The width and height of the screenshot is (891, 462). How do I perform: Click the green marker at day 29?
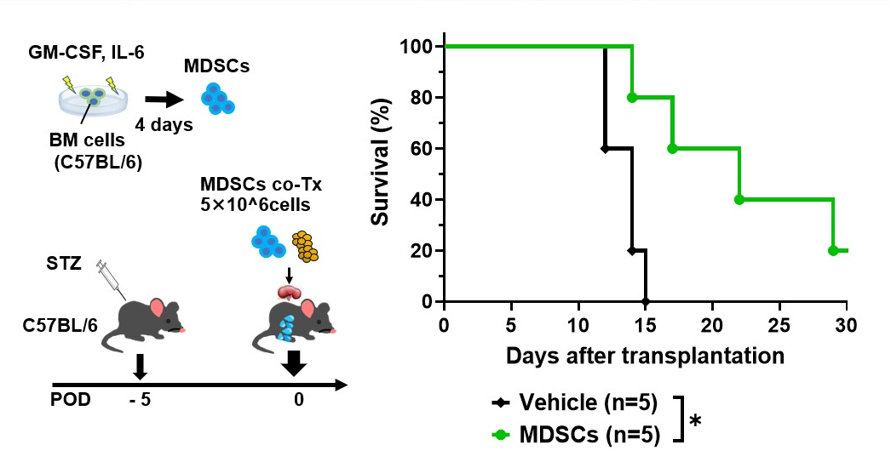tap(833, 250)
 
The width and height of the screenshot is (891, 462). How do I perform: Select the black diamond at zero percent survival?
tap(645, 301)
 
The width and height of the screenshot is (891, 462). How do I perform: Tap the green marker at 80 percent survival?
tap(631, 97)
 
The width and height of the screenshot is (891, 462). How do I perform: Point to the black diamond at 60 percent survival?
tap(605, 148)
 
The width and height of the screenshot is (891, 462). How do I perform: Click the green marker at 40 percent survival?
tap(739, 199)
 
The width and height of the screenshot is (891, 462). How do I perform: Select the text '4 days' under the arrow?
tap(164, 124)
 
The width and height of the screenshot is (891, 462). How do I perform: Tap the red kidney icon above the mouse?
tap(290, 292)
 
